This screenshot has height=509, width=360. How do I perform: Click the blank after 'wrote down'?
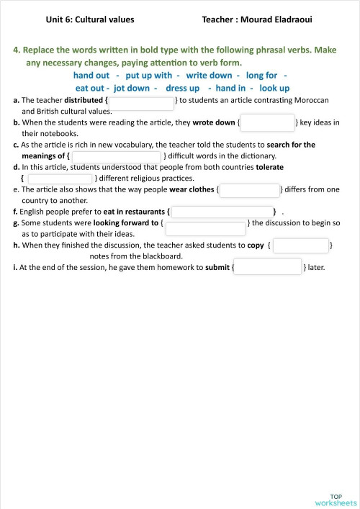[x=268, y=122]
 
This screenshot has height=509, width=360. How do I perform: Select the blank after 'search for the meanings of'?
[x=116, y=156]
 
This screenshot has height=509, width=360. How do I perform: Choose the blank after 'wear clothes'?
[x=249, y=190]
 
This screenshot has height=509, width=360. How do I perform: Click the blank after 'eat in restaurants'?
[x=222, y=212]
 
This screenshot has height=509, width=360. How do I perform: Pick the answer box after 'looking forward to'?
[x=205, y=228]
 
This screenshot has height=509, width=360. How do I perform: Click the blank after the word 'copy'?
[x=300, y=246]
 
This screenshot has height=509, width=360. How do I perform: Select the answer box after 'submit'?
[x=268, y=267]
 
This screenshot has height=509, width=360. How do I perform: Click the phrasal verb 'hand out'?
[x=91, y=75]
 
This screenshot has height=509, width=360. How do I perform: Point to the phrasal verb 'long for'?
[x=261, y=75]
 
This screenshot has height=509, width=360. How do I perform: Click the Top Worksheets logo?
[x=336, y=500]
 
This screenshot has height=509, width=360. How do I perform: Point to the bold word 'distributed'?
[x=84, y=100]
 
